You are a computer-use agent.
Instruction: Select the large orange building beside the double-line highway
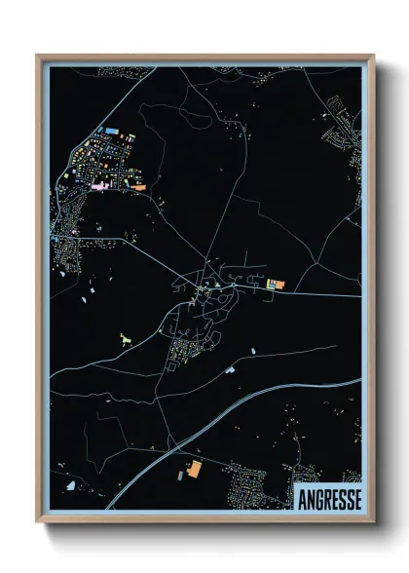[x=194, y=470]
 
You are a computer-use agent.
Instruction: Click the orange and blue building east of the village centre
[x=276, y=284]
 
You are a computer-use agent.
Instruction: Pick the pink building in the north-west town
[x=99, y=183]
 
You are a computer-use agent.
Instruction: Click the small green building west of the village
[x=125, y=338]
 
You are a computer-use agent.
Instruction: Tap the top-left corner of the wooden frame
[x=37, y=56]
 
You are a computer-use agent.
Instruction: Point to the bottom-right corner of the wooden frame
[x=373, y=522]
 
